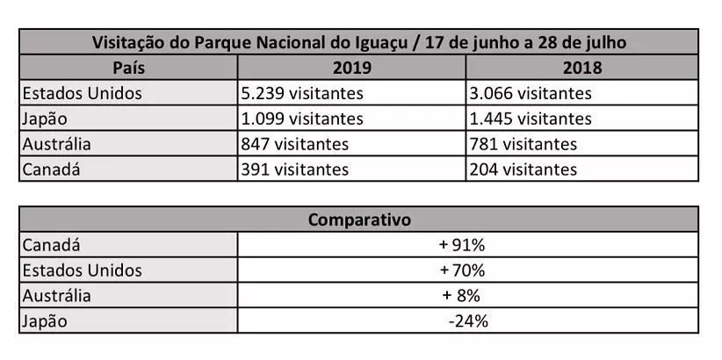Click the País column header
(128, 68)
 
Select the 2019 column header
(352, 68)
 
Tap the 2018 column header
(582, 68)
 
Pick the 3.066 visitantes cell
(531, 93)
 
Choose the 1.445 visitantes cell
(531, 119)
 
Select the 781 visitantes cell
(523, 144)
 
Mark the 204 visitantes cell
(523, 169)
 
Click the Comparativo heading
(359, 220)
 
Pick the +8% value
(462, 296)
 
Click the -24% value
(467, 321)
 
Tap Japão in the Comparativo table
(45, 321)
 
